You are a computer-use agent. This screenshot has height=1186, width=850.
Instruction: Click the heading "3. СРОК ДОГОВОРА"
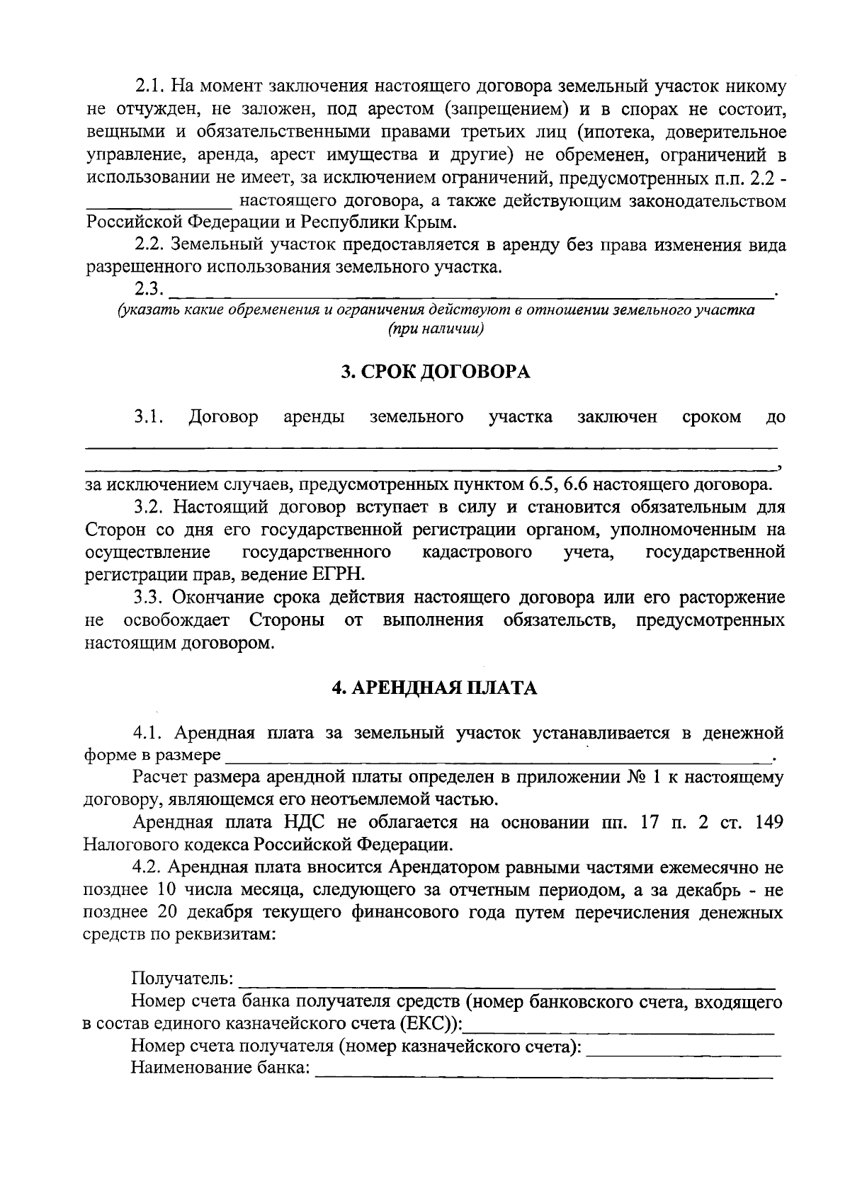(x=435, y=372)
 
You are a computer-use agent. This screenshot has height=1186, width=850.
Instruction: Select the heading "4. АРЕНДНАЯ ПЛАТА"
(x=435, y=688)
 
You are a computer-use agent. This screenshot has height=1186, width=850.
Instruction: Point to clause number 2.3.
(x=149, y=289)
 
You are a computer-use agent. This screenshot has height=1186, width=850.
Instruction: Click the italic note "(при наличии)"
(x=435, y=329)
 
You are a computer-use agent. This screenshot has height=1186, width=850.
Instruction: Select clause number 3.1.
(x=149, y=417)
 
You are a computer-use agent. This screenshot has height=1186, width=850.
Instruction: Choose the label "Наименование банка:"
(x=220, y=1068)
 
